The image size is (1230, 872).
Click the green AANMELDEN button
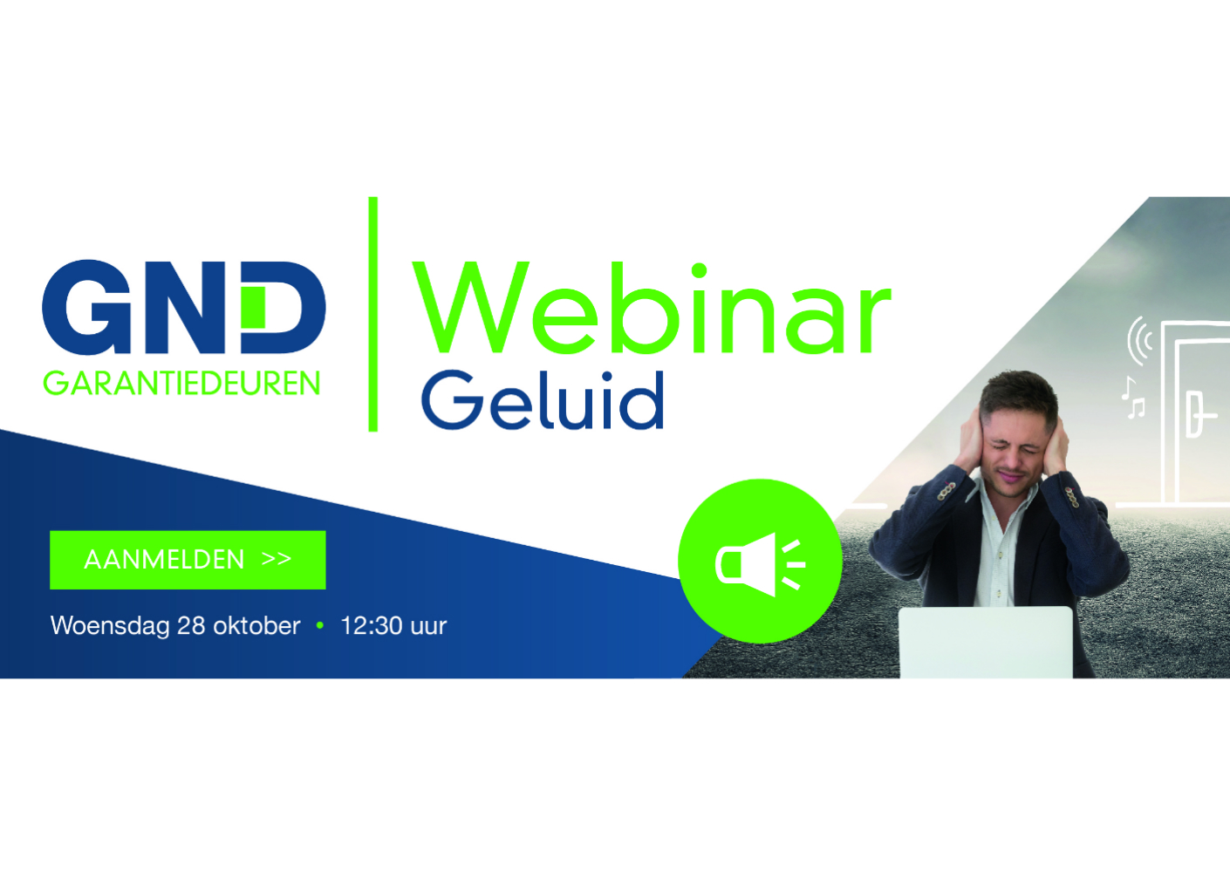click(x=188, y=560)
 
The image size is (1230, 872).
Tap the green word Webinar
click(x=652, y=310)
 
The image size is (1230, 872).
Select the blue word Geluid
click(x=543, y=400)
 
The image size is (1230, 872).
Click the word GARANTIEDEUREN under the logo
click(x=181, y=384)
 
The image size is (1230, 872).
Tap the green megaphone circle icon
click(x=760, y=562)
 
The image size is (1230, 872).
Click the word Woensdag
click(x=110, y=626)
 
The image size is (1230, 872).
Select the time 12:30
click(x=372, y=626)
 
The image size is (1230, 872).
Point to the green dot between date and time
click(x=320, y=625)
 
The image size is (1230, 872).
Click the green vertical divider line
click(x=373, y=314)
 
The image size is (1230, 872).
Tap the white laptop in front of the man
click(x=986, y=643)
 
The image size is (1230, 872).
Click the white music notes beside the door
click(x=1133, y=399)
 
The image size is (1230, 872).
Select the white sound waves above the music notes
click(x=1139, y=340)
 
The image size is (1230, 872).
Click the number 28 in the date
click(x=191, y=626)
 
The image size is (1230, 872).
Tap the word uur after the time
click(x=428, y=626)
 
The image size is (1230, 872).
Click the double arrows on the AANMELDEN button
click(x=277, y=559)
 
